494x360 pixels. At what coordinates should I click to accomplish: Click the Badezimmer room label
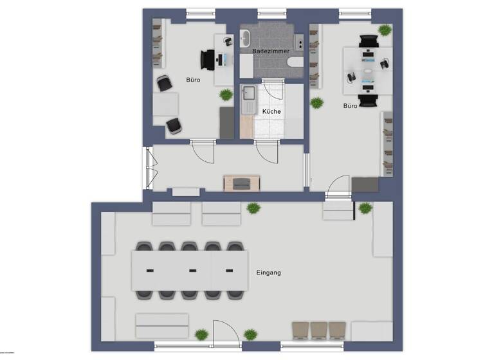[270, 50]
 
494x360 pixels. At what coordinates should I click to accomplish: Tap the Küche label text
[271, 111]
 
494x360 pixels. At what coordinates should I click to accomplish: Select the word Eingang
[268, 273]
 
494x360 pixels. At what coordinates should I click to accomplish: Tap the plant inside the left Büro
[226, 94]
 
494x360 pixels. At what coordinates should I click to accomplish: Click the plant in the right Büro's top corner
[384, 30]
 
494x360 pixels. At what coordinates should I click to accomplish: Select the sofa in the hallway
[241, 183]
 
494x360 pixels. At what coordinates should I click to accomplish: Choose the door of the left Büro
[201, 152]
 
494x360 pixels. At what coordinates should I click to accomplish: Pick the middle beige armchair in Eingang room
[319, 330]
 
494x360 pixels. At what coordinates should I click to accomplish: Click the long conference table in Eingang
[190, 270]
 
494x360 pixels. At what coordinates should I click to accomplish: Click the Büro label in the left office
[192, 81]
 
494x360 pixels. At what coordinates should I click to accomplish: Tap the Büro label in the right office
[351, 105]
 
